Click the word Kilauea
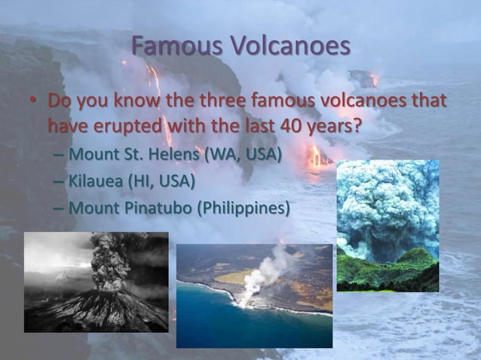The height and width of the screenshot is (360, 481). coord(96,181)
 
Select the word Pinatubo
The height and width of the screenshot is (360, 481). coord(155,207)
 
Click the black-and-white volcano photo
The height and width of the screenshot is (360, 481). coord(96,282)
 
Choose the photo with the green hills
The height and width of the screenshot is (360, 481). coord(388,225)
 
